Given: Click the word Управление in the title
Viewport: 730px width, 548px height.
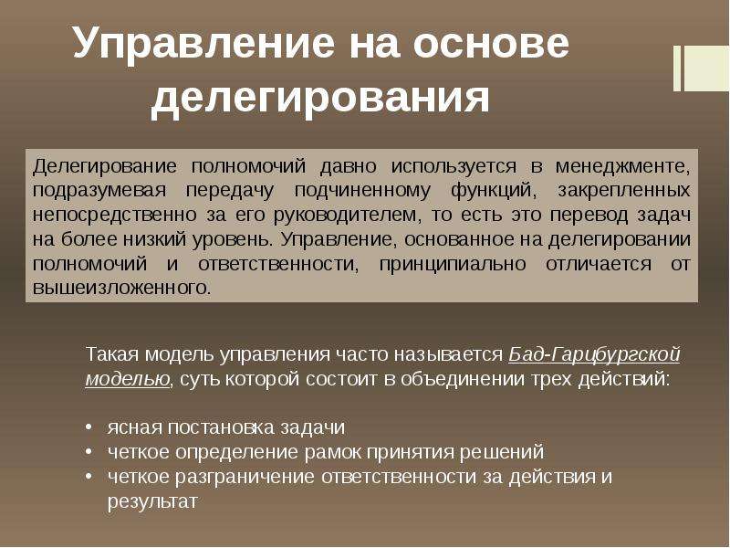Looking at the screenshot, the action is [x=203, y=44].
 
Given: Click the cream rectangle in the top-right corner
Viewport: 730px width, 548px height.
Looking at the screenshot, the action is [x=702, y=68].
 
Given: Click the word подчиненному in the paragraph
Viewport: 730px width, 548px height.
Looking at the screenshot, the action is [x=362, y=191].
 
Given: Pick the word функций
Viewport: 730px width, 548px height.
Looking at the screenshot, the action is [x=494, y=191].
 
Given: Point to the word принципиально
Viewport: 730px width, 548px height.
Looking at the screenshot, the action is [x=453, y=264].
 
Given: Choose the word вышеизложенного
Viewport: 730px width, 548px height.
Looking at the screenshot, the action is [x=122, y=288].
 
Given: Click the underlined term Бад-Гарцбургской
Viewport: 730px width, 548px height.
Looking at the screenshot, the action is [x=595, y=354].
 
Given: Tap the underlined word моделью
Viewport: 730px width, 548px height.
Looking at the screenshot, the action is [x=128, y=379].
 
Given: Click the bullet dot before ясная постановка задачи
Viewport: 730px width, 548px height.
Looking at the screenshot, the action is [x=89, y=427].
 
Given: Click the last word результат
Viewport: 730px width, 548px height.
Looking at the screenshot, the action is [x=152, y=501].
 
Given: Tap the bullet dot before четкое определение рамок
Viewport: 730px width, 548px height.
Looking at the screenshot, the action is [x=89, y=451].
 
